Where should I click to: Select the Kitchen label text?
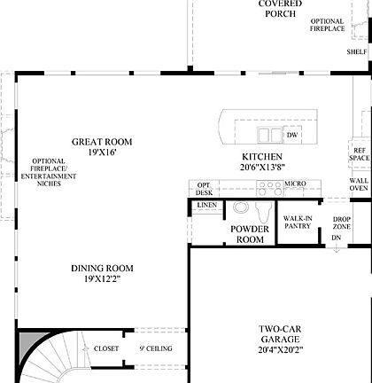(x=261, y=160)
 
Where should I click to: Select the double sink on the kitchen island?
(x=266, y=135)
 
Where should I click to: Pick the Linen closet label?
(x=206, y=205)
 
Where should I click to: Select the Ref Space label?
(x=359, y=154)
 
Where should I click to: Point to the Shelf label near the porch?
(x=357, y=51)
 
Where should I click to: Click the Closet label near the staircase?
(x=106, y=348)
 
